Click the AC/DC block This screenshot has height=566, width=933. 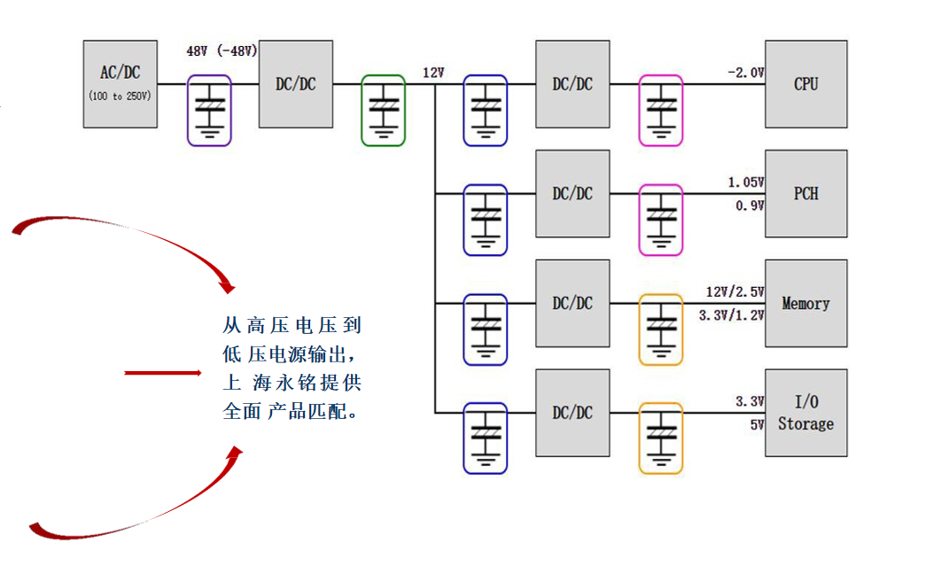point(121,83)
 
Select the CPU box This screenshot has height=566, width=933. point(805,84)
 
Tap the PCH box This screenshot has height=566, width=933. point(805,193)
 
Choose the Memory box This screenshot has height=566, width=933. point(805,303)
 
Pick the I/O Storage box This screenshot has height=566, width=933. point(805,414)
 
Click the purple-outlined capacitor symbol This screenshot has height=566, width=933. point(209,110)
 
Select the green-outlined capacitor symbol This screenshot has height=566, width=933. point(383,110)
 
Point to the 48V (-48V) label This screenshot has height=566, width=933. point(222,51)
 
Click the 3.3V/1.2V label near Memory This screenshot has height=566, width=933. point(731,314)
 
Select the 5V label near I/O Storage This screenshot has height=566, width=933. point(756,424)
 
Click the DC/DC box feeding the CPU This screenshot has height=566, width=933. point(572,84)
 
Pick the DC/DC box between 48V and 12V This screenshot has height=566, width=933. point(296,84)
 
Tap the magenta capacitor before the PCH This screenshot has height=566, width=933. point(661,219)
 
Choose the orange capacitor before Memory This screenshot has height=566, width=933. point(661,329)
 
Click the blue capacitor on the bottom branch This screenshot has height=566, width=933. point(486,438)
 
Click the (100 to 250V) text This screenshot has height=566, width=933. point(121,95)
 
